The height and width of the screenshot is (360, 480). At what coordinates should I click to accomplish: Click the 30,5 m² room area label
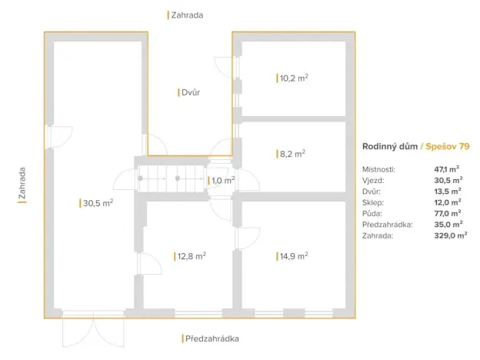[x=98, y=203]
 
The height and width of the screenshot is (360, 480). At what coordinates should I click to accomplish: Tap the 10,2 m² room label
[x=294, y=78]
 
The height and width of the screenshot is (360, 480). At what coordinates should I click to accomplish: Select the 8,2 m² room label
[x=292, y=154]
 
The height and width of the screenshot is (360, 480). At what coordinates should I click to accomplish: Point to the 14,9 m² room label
[x=294, y=256]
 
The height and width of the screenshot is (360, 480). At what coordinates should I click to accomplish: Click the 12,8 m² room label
[x=191, y=256]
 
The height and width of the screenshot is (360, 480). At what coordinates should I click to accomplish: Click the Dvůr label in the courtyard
[x=190, y=92]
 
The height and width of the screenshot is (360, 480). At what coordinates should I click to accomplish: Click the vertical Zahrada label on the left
[x=22, y=185]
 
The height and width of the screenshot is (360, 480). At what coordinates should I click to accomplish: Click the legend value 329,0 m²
[x=450, y=236]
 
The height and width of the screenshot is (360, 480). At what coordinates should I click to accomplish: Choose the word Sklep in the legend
[x=372, y=202]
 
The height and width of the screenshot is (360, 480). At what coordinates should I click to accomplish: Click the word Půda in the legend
[x=372, y=213]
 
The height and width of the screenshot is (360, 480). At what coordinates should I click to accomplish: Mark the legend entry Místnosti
[x=378, y=168]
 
